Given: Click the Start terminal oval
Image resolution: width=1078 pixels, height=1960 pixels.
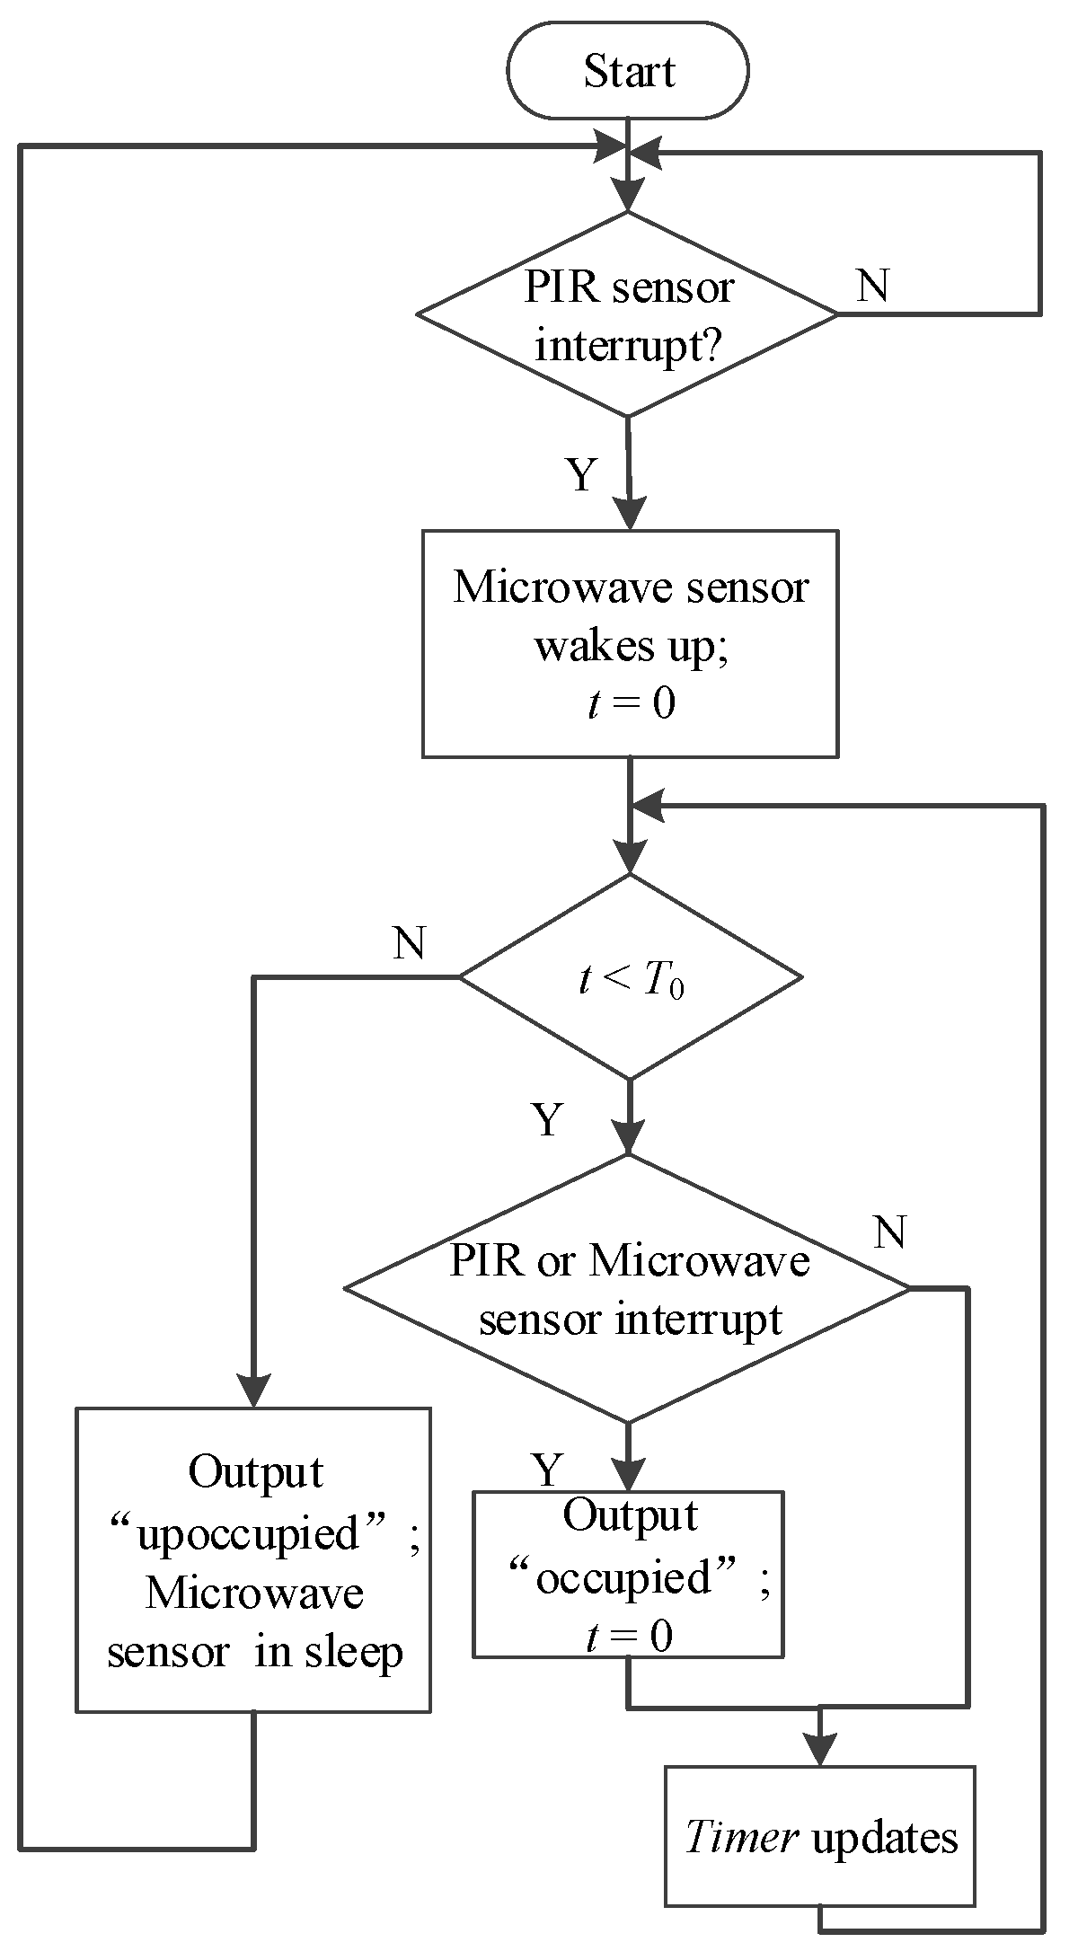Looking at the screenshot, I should pos(627,71).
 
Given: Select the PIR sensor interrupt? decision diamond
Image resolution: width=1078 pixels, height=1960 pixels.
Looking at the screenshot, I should pos(627,314).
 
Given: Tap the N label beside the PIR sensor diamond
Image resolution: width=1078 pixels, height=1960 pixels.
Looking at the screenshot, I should pos(873,286).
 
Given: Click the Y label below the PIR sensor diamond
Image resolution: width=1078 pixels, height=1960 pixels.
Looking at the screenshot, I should pos(581,473).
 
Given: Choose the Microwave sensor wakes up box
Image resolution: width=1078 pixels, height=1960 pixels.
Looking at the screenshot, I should pos(630,643).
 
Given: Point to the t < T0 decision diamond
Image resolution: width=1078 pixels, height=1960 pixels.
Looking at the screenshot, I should pos(630,976).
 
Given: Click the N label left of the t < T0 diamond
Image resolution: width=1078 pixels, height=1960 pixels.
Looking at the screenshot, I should pos(409,943).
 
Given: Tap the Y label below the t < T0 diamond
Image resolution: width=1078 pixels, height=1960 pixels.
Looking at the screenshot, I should pos(547,1119).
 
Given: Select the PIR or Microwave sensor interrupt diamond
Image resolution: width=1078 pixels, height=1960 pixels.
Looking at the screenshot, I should pos(627,1289).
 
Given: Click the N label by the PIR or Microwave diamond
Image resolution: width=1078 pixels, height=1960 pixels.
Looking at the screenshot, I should pos(889,1232).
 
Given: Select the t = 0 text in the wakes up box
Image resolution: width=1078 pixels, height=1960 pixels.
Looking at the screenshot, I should pos(630,703).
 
